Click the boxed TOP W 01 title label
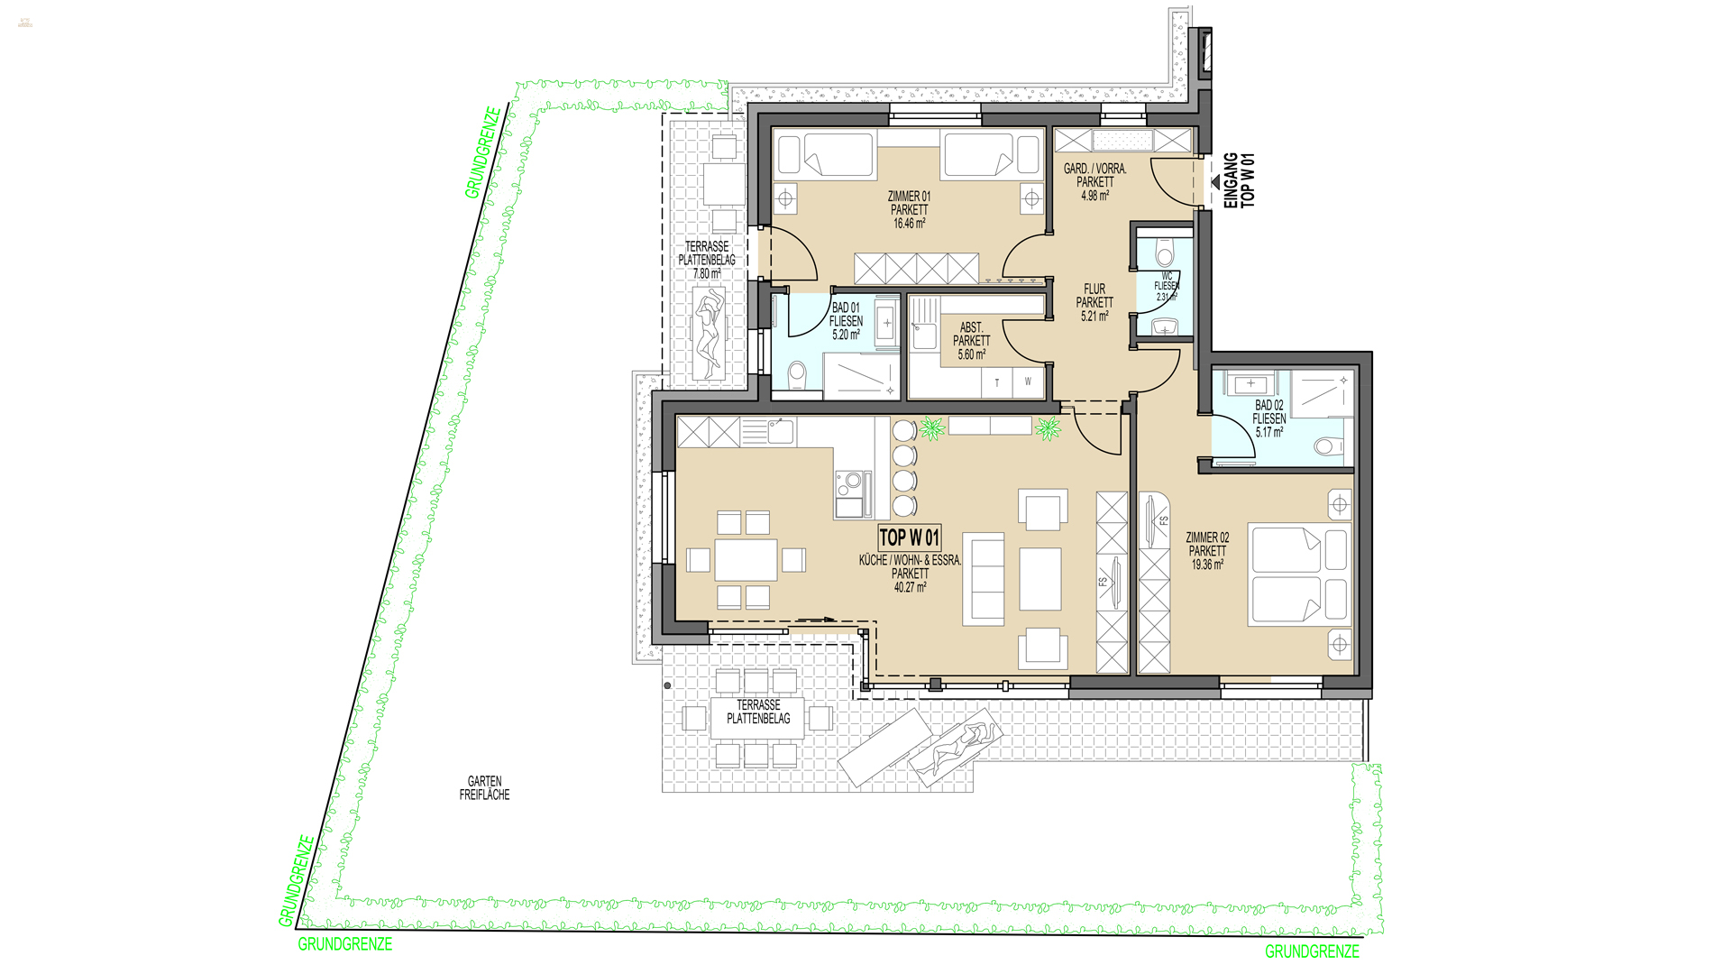(909, 538)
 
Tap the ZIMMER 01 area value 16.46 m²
(909, 223)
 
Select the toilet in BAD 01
(797, 374)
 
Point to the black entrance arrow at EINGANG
(1215, 183)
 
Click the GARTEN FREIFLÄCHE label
(484, 788)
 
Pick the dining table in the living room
(746, 559)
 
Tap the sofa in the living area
(984, 578)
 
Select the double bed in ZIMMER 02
(1299, 576)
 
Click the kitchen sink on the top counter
(780, 431)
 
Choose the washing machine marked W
(1028, 382)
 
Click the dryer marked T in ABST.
(996, 382)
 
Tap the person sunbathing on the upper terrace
(708, 331)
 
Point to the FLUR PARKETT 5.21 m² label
(1094, 302)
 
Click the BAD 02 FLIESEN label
(1268, 412)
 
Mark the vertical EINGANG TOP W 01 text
(1239, 180)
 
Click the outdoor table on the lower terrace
(757, 718)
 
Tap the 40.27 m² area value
(910, 587)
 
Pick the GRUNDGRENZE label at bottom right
(1311, 951)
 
